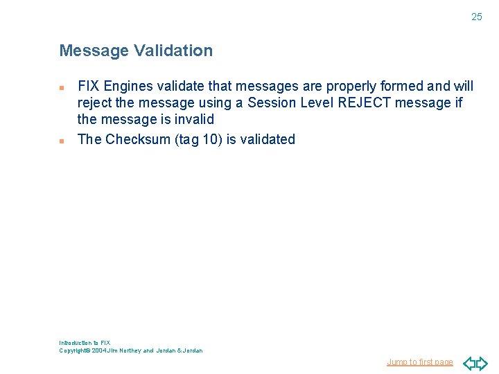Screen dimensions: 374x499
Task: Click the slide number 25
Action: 476,17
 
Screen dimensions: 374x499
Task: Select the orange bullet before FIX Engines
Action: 62,88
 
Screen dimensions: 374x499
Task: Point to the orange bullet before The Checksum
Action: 62,141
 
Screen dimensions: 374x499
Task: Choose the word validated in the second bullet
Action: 268,139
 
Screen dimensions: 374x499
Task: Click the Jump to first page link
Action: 419,362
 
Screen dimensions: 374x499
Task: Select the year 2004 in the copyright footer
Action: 100,350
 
